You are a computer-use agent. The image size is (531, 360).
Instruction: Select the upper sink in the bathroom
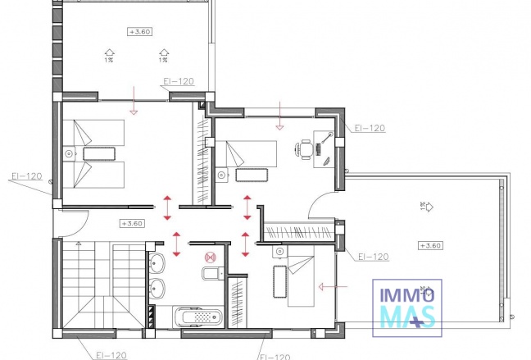pyautogui.click(x=157, y=263)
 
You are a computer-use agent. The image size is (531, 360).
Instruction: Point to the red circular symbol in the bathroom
pyautogui.click(x=195, y=254)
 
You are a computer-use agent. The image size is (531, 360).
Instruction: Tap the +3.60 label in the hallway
pyautogui.click(x=131, y=223)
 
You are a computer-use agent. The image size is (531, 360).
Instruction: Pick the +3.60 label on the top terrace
pyautogui.click(x=139, y=32)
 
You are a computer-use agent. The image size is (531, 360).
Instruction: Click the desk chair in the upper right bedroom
pyautogui.click(x=304, y=148)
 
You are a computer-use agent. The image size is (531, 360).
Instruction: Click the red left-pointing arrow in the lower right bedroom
pyautogui.click(x=332, y=287)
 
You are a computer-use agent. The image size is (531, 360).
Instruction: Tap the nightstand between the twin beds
pyautogui.click(x=68, y=153)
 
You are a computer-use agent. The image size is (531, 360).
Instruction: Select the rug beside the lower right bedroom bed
pyautogui.click(x=277, y=281)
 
